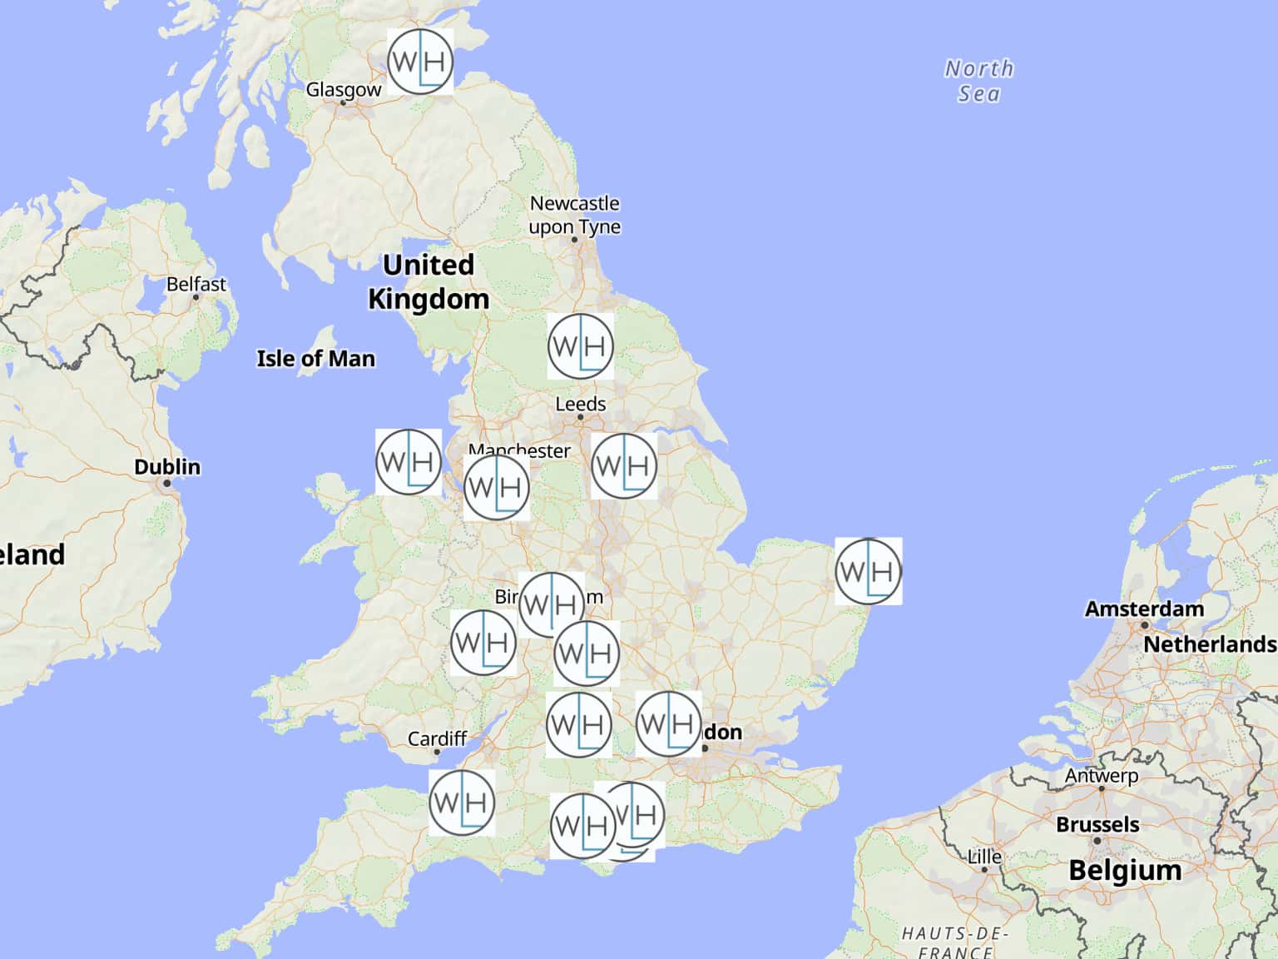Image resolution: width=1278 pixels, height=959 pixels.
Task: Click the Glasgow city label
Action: (343, 89)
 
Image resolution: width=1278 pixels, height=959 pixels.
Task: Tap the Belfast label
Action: (196, 284)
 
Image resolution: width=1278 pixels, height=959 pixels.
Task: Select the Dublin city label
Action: (167, 466)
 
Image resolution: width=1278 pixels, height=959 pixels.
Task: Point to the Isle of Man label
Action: (315, 359)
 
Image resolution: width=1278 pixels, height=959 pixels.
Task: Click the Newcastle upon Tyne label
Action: (575, 215)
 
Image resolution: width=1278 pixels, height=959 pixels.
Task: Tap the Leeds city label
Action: (580, 404)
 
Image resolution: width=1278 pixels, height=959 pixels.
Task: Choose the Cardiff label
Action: (437, 738)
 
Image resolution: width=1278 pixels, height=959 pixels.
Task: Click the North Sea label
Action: (978, 81)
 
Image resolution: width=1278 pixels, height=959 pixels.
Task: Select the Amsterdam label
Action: (1144, 609)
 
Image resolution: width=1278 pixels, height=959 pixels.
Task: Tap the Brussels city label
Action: (1097, 824)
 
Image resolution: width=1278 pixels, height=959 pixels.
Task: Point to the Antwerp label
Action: (1102, 775)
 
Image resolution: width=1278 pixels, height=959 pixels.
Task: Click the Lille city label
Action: (984, 857)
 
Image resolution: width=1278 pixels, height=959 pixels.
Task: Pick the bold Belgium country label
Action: (1124, 870)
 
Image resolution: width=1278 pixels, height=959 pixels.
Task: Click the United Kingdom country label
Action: (428, 281)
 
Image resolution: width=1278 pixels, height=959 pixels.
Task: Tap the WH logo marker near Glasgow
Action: (420, 62)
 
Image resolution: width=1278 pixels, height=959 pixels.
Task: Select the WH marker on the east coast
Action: (869, 571)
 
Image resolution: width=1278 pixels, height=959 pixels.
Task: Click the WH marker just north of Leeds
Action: (581, 346)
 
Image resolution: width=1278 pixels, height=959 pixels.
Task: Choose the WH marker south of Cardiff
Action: (463, 802)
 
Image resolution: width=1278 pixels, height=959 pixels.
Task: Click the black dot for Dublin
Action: (167, 483)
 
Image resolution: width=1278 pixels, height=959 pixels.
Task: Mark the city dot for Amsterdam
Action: (1145, 625)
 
